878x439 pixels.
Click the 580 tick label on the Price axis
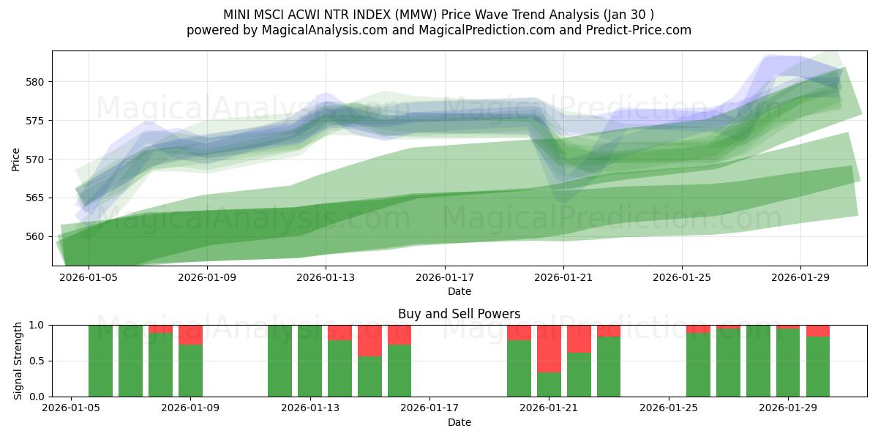34,82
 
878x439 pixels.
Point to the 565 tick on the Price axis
34,198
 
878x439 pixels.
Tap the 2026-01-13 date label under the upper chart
326,278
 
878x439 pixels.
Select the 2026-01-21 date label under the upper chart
563,278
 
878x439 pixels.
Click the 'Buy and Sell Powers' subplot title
459,314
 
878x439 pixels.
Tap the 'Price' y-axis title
16,158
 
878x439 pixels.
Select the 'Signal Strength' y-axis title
18,361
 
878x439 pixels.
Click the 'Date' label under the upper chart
459,291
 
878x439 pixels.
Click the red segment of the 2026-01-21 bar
549,348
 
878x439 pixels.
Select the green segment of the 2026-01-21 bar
549,385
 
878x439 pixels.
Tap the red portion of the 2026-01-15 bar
369,340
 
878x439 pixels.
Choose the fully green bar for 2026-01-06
100,361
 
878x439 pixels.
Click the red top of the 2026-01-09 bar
190,334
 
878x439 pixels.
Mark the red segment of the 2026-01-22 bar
579,339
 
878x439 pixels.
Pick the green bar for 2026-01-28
758,361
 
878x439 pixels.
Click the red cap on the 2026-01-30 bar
818,331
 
